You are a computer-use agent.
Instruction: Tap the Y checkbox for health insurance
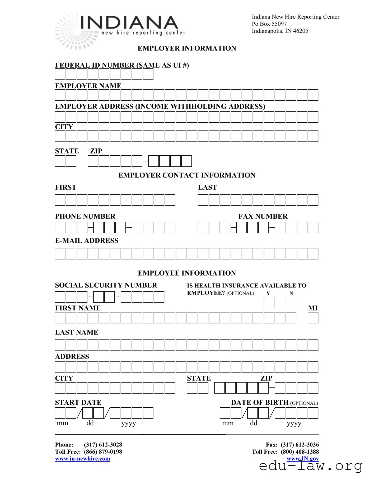[269, 302]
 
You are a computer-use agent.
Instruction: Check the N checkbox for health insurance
[291, 302]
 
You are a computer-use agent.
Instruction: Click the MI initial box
[313, 318]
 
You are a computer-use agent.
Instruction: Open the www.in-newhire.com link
[82, 459]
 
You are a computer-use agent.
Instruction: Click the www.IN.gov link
[303, 459]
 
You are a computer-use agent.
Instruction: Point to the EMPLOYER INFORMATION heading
[187, 48]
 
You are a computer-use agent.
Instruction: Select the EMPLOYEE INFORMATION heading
[187, 273]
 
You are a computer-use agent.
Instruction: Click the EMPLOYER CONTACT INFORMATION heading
[187, 175]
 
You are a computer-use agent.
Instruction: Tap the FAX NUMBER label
[263, 216]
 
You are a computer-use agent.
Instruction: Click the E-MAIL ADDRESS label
[86, 240]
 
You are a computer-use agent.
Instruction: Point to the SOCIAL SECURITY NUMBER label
[106, 285]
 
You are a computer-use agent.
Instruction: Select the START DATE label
[78, 402]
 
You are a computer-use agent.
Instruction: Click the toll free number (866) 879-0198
[103, 452]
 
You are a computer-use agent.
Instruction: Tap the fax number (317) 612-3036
[300, 445]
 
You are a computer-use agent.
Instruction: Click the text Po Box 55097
[269, 24]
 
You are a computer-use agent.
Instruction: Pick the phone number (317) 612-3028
[103, 445]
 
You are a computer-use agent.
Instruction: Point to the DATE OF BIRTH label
[260, 402]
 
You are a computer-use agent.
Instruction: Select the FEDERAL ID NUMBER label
[122, 65]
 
